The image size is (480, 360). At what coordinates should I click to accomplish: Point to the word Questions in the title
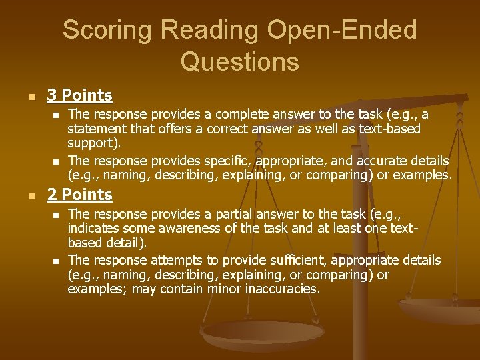point(239,61)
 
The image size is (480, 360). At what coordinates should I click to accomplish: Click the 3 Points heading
point(79,95)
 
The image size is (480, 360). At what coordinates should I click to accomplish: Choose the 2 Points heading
point(79,195)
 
